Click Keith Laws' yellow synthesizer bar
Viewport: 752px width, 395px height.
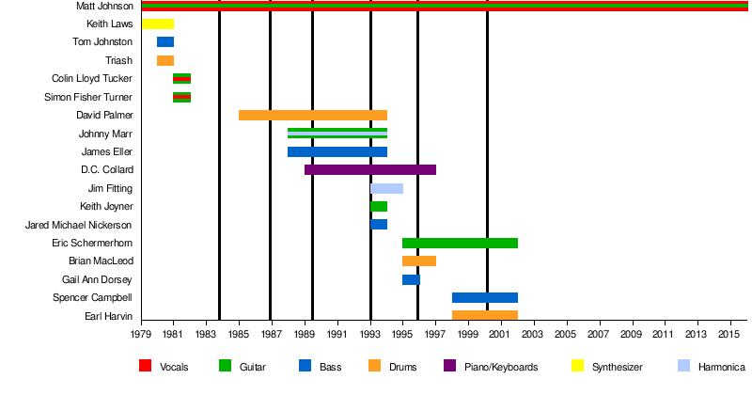coord(158,24)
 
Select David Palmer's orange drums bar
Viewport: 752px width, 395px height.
coord(313,115)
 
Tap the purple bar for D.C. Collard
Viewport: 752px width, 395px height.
coord(370,169)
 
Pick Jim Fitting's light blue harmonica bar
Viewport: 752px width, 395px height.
coord(386,188)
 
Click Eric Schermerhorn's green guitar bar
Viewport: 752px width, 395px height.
coord(460,243)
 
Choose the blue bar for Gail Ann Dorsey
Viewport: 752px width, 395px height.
coord(411,279)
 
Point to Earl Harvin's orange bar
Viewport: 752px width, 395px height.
coord(485,315)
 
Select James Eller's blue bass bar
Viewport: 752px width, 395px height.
coord(337,151)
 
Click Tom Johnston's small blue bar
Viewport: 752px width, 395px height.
coord(165,42)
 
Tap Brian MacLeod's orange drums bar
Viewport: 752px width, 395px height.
coord(419,261)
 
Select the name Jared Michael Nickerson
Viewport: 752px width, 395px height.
coord(85,225)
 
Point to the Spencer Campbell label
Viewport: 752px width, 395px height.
coord(93,297)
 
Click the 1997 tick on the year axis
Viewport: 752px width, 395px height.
coord(436,334)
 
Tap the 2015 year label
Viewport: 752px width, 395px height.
coord(729,334)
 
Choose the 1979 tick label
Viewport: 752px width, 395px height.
coord(142,334)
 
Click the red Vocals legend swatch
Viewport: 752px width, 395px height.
coord(145,367)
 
